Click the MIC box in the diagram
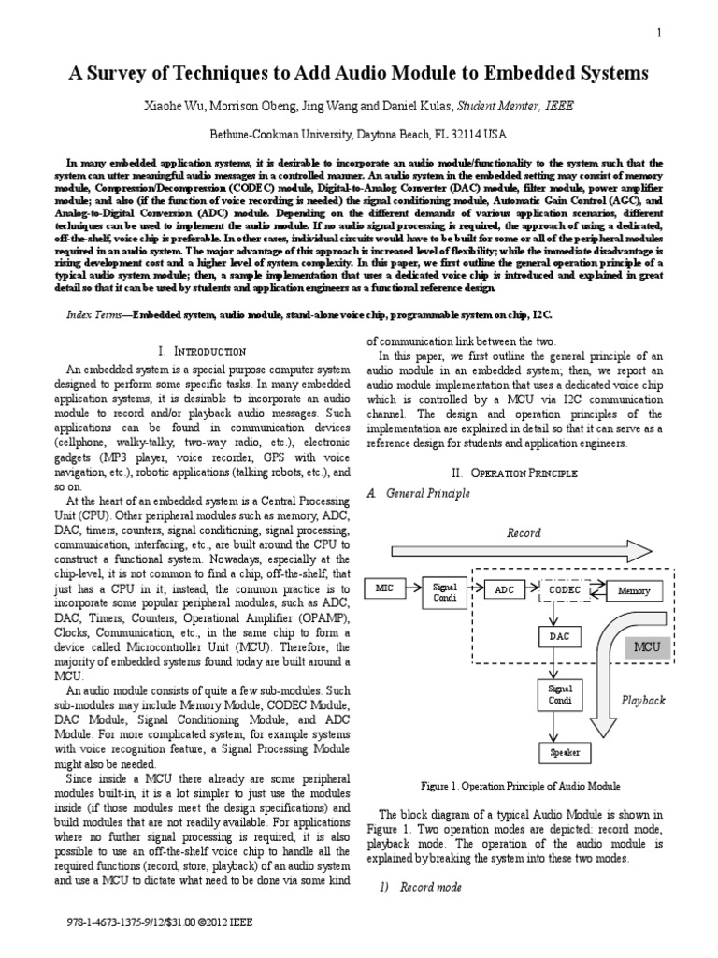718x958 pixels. point(385,589)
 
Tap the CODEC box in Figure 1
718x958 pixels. point(565,590)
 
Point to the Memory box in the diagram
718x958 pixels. point(635,591)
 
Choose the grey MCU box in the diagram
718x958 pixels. point(646,646)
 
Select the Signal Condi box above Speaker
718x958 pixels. point(560,694)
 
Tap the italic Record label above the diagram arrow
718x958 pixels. point(524,533)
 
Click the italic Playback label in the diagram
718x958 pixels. point(643,700)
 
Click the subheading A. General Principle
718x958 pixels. point(416,493)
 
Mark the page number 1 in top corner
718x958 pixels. point(659,33)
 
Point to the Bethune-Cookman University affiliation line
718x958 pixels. point(358,133)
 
